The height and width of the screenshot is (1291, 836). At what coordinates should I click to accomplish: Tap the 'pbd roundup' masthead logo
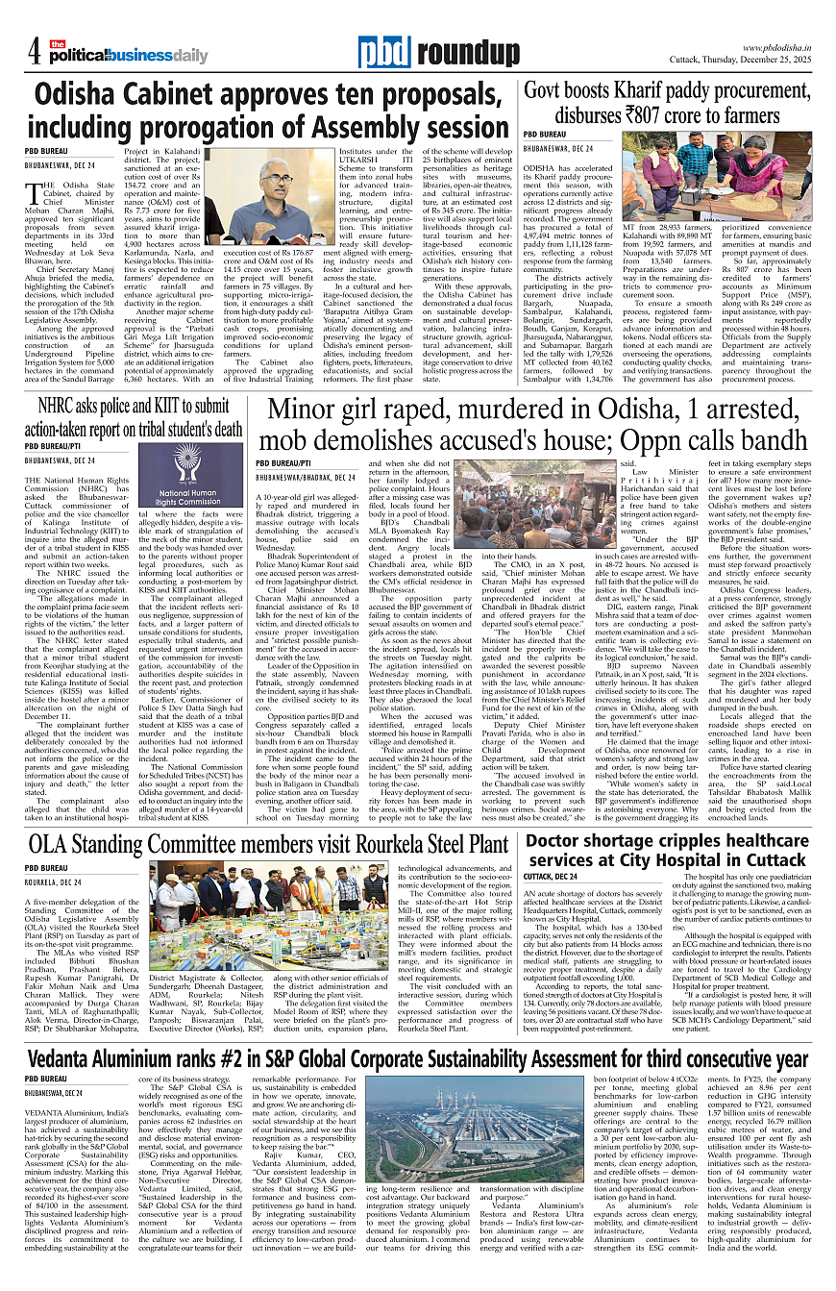[437, 52]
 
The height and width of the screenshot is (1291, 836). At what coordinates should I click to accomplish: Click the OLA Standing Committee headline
[269, 846]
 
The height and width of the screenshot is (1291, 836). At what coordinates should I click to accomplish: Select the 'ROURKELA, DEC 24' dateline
[54, 881]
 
